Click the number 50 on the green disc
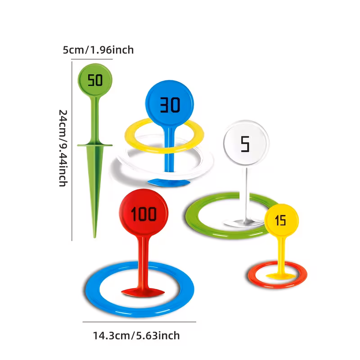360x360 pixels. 95,80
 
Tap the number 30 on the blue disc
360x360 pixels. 170,105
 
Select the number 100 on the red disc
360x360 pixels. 144,214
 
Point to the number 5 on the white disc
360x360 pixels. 245,144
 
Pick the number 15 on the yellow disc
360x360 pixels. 280,220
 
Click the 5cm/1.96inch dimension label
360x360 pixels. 98,50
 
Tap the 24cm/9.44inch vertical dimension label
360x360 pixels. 63,148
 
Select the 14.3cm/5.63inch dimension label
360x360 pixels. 136,336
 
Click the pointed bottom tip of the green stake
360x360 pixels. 94,237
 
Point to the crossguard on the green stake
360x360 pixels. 95,145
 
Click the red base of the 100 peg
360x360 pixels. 143,292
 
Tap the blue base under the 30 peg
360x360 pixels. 169,183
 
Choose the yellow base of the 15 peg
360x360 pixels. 280,276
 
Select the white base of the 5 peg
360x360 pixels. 244,223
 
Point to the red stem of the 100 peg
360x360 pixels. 143,262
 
